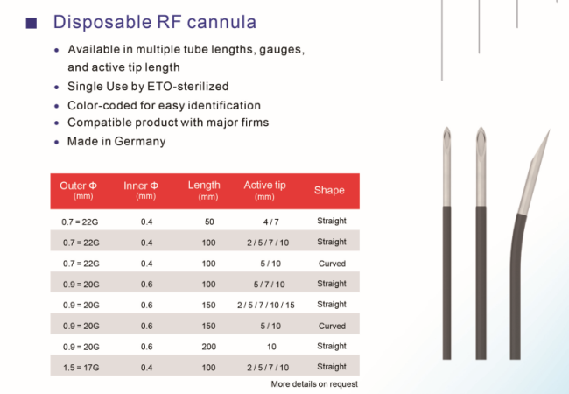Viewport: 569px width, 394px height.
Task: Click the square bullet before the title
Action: [32, 23]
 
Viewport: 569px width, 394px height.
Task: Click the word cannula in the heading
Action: [221, 22]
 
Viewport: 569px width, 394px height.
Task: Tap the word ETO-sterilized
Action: [188, 87]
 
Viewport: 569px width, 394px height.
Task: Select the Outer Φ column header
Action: [79, 190]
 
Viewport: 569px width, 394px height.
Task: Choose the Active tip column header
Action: [264, 190]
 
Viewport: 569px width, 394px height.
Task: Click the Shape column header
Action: [329, 191]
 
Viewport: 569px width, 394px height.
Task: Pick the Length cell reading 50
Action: [209, 222]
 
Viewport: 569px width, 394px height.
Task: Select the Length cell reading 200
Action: [209, 347]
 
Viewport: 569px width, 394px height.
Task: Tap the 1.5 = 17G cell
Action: [81, 368]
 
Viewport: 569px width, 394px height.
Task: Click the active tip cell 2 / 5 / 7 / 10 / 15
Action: [266, 305]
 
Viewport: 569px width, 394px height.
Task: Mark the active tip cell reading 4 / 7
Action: [271, 222]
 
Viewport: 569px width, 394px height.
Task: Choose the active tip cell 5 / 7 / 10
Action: [270, 285]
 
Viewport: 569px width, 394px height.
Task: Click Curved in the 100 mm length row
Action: [332, 264]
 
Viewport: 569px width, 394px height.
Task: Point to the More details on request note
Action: [314, 383]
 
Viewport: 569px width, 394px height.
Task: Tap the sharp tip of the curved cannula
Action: [550, 130]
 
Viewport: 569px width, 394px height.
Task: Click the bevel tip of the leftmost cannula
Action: [447, 128]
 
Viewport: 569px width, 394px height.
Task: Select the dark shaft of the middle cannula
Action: [481, 283]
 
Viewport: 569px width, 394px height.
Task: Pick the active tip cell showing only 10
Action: [271, 347]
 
